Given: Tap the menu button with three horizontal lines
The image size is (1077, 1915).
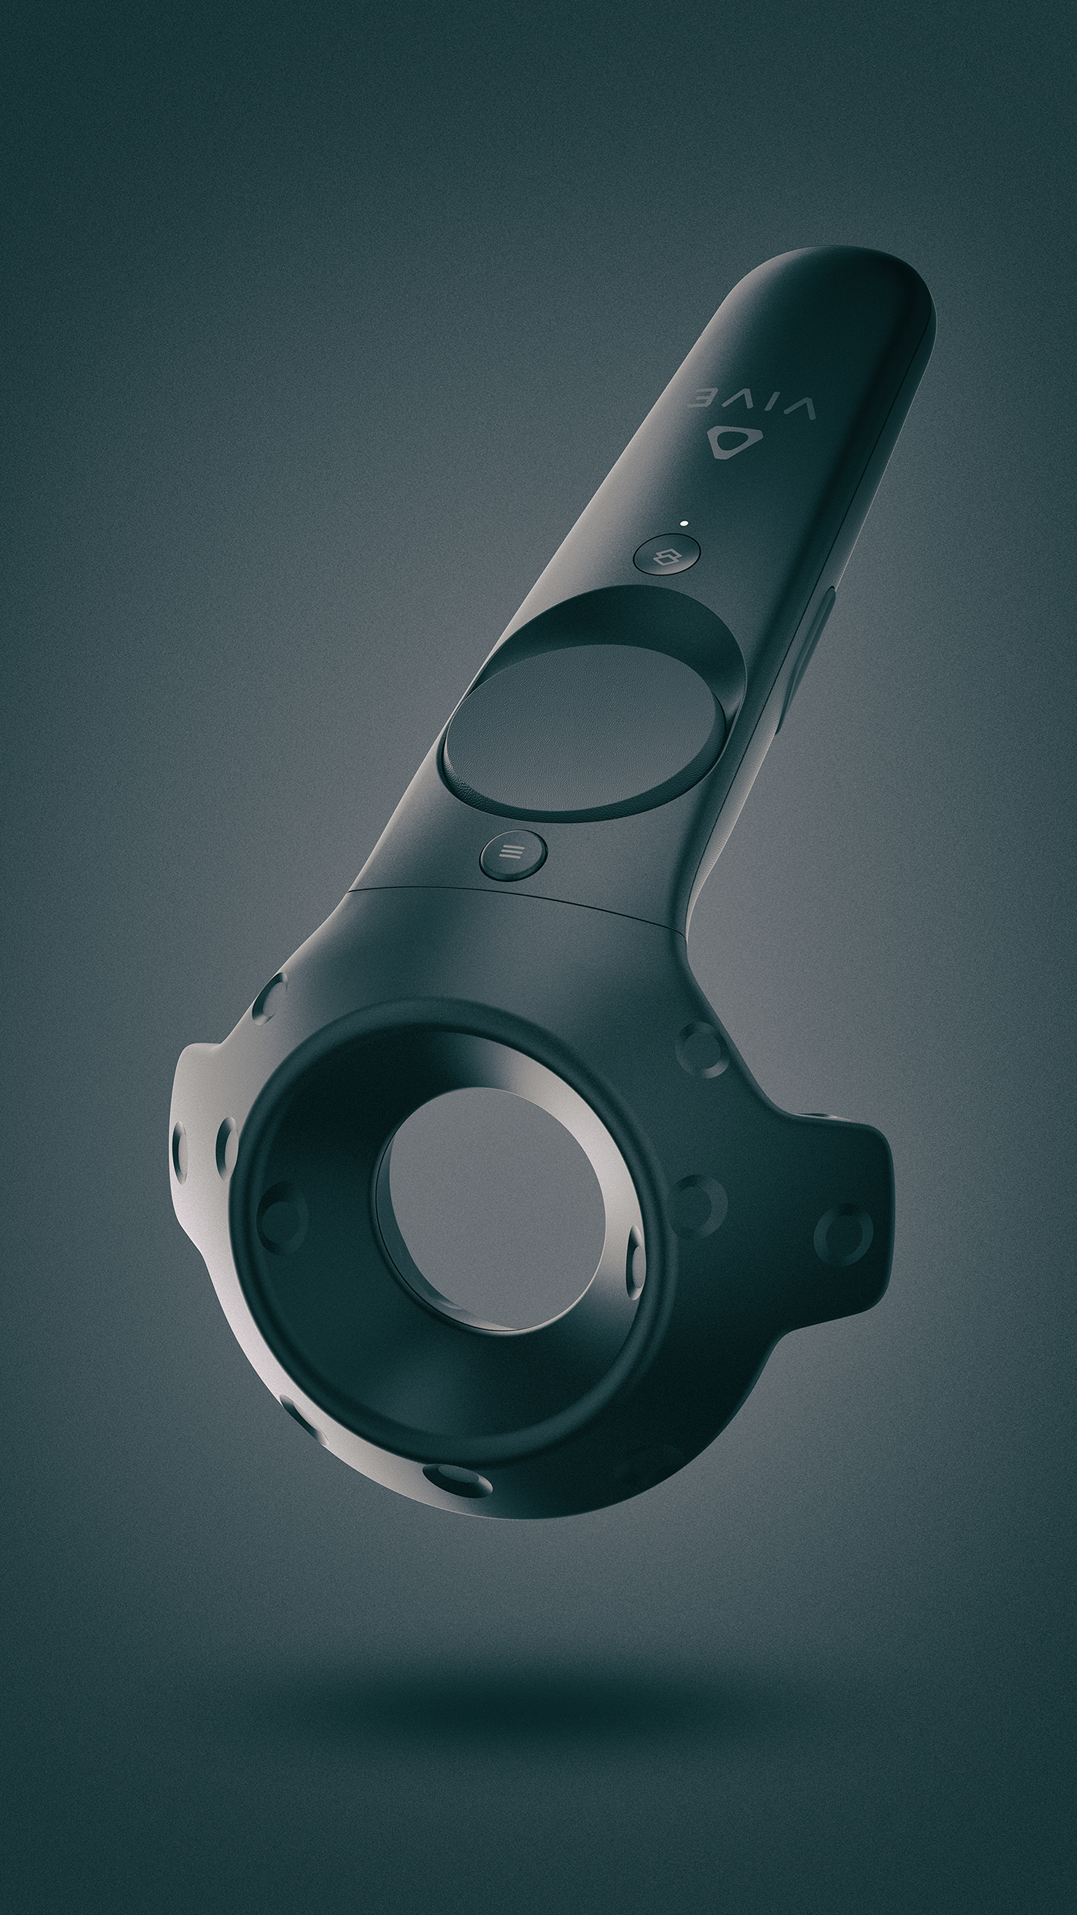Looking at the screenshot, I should click(x=513, y=852).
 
